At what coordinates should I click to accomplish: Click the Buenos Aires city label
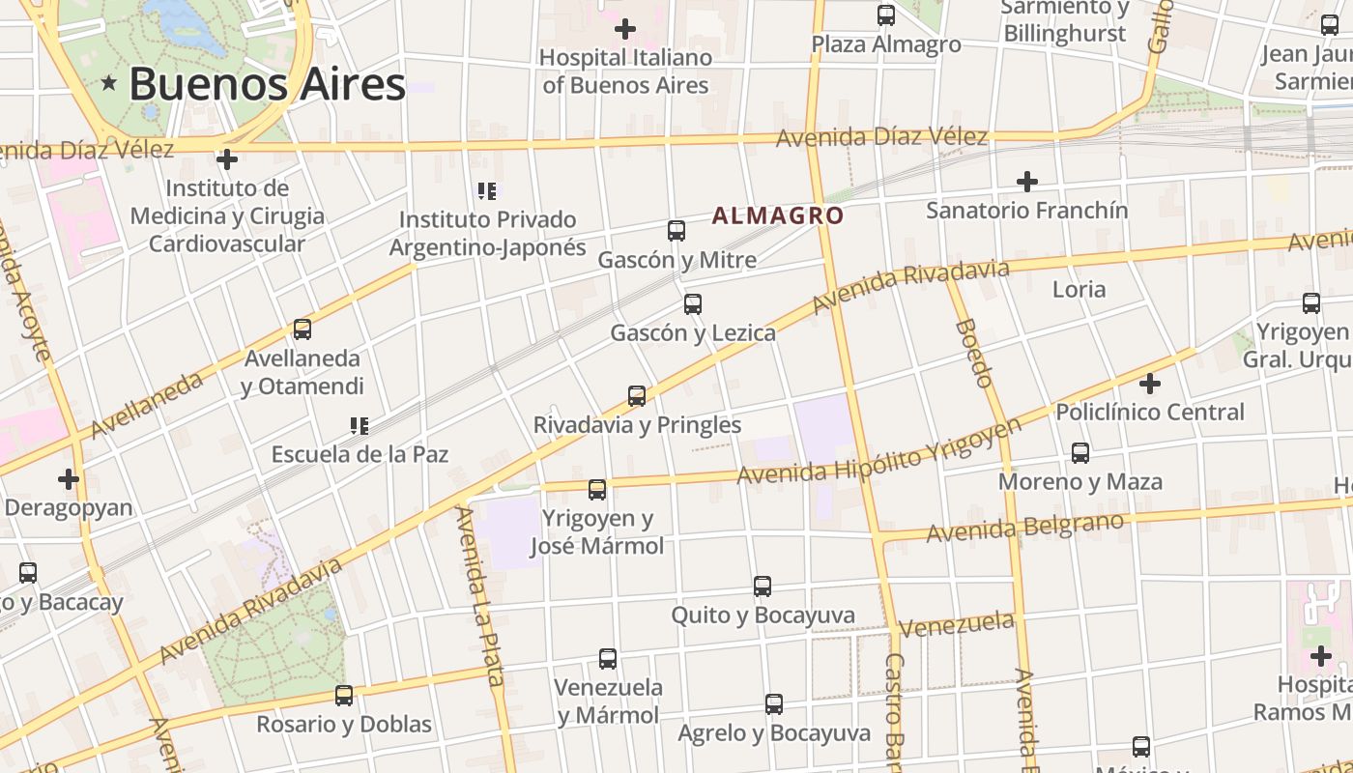[267, 84]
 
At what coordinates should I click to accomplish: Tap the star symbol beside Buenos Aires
[109, 84]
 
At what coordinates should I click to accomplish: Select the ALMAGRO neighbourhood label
[778, 215]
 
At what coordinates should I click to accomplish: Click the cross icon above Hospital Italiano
[625, 29]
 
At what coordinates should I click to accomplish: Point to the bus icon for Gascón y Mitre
[676, 231]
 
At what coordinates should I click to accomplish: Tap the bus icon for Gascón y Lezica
[693, 304]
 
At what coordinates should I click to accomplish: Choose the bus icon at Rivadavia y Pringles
[637, 396]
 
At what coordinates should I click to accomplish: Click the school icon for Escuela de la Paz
[360, 425]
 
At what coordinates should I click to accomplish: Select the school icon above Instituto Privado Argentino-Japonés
[487, 191]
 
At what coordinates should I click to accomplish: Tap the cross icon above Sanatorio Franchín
[1027, 181]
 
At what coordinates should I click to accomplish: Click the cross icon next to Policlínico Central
[1149, 384]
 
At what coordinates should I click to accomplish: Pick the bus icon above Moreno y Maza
[1080, 453]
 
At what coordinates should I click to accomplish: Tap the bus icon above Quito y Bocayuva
[763, 587]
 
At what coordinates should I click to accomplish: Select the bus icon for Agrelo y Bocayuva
[774, 704]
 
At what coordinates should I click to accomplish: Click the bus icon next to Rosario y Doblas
[344, 695]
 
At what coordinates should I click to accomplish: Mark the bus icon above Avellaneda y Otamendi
[302, 329]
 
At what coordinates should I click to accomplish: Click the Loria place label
[1079, 289]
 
